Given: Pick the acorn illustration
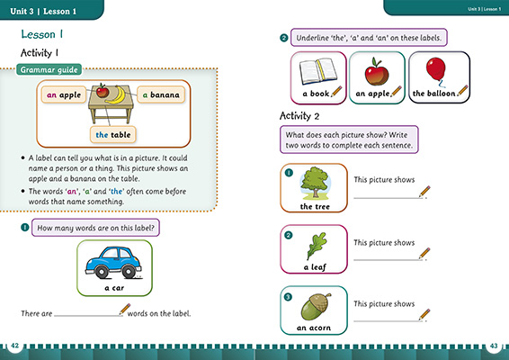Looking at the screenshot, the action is (316, 307).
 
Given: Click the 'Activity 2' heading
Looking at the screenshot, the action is (308, 116).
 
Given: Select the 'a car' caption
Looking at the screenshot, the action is (113, 288).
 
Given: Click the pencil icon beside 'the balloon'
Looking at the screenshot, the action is (463, 91).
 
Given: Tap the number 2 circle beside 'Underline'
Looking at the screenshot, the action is (284, 39).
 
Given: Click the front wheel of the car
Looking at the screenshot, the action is (129, 272).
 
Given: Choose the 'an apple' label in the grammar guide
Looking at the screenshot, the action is (65, 94).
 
